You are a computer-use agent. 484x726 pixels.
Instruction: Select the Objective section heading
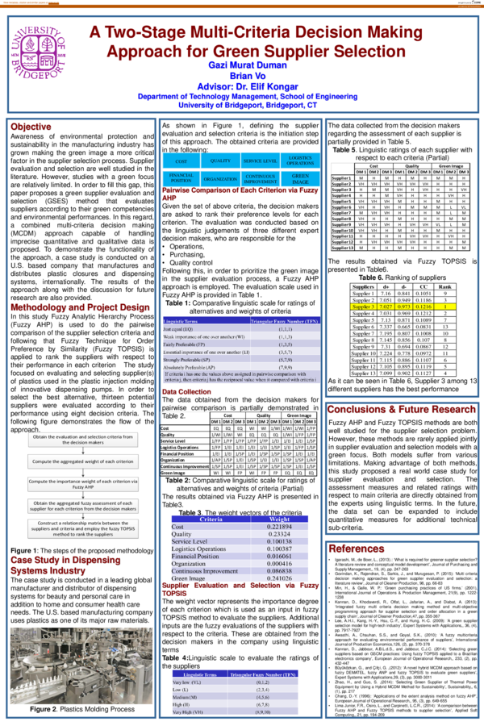pos(31,127)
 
